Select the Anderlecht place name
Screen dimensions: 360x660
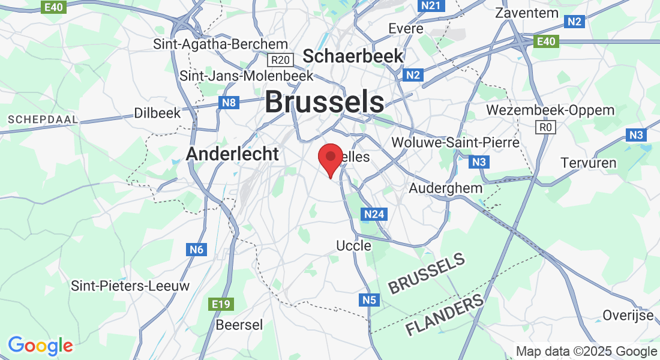[232, 154]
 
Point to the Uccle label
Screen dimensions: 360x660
[353, 245]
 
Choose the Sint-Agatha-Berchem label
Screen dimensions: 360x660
[221, 44]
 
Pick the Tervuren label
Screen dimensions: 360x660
[589, 163]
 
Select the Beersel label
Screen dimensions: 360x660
[239, 325]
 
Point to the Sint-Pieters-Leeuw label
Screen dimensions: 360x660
[130, 286]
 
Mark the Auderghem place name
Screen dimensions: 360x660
[445, 188]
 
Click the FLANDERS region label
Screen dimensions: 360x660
[445, 316]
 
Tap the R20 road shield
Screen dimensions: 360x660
[280, 60]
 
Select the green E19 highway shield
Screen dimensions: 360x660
[221, 304]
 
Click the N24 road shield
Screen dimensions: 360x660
[374, 214]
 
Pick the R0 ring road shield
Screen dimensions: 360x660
[545, 127]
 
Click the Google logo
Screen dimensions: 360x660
[40, 346]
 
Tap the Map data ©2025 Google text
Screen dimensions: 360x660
[587, 352]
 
